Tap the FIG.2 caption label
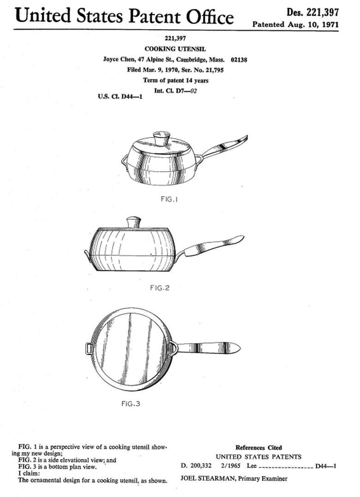(160, 288)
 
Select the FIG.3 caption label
(131, 404)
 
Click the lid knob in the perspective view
(162, 138)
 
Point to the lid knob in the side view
(134, 222)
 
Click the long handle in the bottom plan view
(210, 347)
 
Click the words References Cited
(258, 448)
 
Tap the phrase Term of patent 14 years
(175, 80)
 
